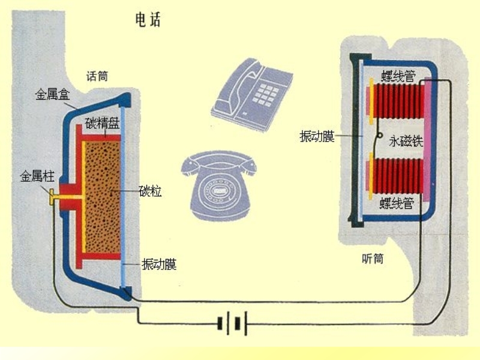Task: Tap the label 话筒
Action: (98, 76)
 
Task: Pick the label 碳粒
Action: (150, 192)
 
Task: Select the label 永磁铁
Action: (406, 142)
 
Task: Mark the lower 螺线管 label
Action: (397, 204)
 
